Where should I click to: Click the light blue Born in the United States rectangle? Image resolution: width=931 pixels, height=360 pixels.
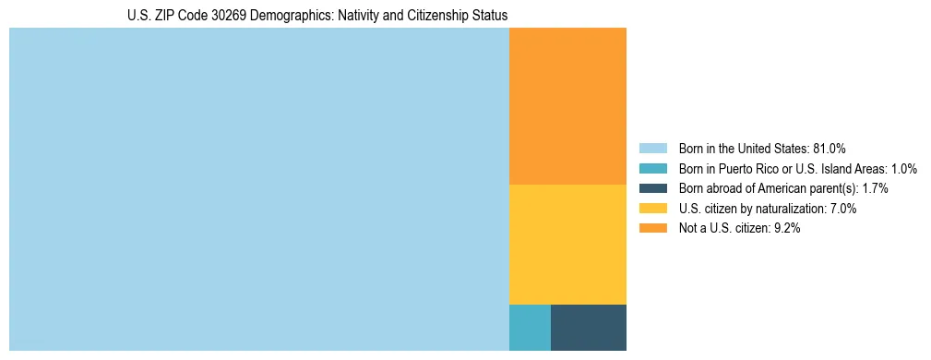[x=258, y=189]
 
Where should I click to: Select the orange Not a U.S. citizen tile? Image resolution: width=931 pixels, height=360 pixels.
[x=567, y=106]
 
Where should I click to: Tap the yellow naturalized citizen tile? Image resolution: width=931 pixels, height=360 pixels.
[x=567, y=244]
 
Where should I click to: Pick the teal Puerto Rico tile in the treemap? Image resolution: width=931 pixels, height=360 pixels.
[x=530, y=327]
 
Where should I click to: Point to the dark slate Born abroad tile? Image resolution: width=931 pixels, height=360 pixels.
[x=588, y=327]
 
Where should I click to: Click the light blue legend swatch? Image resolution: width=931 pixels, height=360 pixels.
[x=652, y=148]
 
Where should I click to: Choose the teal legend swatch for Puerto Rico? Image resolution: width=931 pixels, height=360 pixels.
[x=652, y=168]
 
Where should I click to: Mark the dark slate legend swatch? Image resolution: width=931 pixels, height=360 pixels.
[x=652, y=188]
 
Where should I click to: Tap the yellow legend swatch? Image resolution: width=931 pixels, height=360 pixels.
[x=652, y=209]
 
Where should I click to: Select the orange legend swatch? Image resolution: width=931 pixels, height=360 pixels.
[x=652, y=229]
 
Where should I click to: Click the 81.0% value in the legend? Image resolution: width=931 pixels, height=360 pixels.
[x=830, y=148]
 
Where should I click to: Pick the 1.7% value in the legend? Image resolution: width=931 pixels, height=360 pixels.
[x=872, y=188]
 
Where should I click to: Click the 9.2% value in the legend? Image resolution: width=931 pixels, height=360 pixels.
[x=784, y=229]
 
